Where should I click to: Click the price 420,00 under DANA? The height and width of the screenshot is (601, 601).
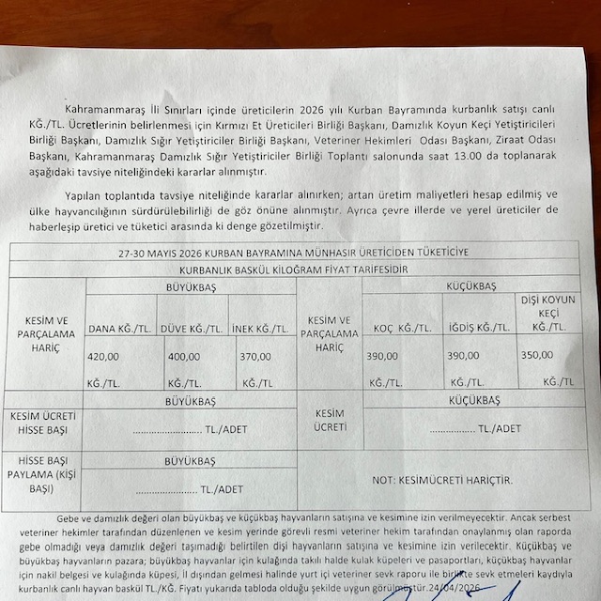(x=102, y=357)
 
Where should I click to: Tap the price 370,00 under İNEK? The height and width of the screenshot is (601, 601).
(x=254, y=357)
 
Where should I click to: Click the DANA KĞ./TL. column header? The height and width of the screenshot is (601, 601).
(x=118, y=329)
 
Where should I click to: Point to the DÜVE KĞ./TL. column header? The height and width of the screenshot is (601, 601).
(x=193, y=329)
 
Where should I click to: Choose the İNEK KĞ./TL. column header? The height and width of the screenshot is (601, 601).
(x=262, y=329)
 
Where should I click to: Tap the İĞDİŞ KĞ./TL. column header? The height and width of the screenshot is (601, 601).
(x=479, y=328)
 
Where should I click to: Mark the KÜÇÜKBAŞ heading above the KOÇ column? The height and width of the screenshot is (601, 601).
(x=472, y=285)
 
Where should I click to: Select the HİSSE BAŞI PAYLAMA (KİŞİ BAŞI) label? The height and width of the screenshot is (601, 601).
(x=44, y=475)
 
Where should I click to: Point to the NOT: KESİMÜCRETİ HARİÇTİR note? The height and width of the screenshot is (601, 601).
(x=442, y=480)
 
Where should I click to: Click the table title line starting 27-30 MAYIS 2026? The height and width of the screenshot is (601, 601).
(x=293, y=252)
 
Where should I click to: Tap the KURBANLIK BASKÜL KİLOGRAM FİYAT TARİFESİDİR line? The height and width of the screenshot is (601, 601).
(x=293, y=269)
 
